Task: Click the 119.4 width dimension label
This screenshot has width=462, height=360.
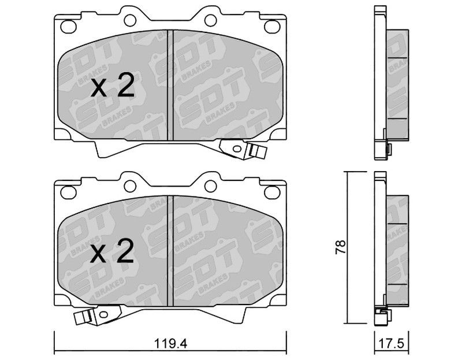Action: tap(171, 344)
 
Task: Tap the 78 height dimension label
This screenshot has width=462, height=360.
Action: tap(340, 247)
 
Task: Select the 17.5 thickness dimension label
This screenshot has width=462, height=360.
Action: tap(392, 344)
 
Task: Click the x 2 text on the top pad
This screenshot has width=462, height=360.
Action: tap(113, 86)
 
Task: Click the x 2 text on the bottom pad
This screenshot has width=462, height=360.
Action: tap(112, 251)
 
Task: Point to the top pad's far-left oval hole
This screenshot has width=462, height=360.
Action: tap(68, 27)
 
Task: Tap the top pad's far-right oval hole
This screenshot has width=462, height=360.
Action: tap(272, 27)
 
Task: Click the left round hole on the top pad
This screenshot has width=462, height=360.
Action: tap(130, 20)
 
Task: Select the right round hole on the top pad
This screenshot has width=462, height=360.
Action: tap(210, 20)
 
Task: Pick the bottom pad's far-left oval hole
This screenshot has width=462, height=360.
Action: tap(68, 192)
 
